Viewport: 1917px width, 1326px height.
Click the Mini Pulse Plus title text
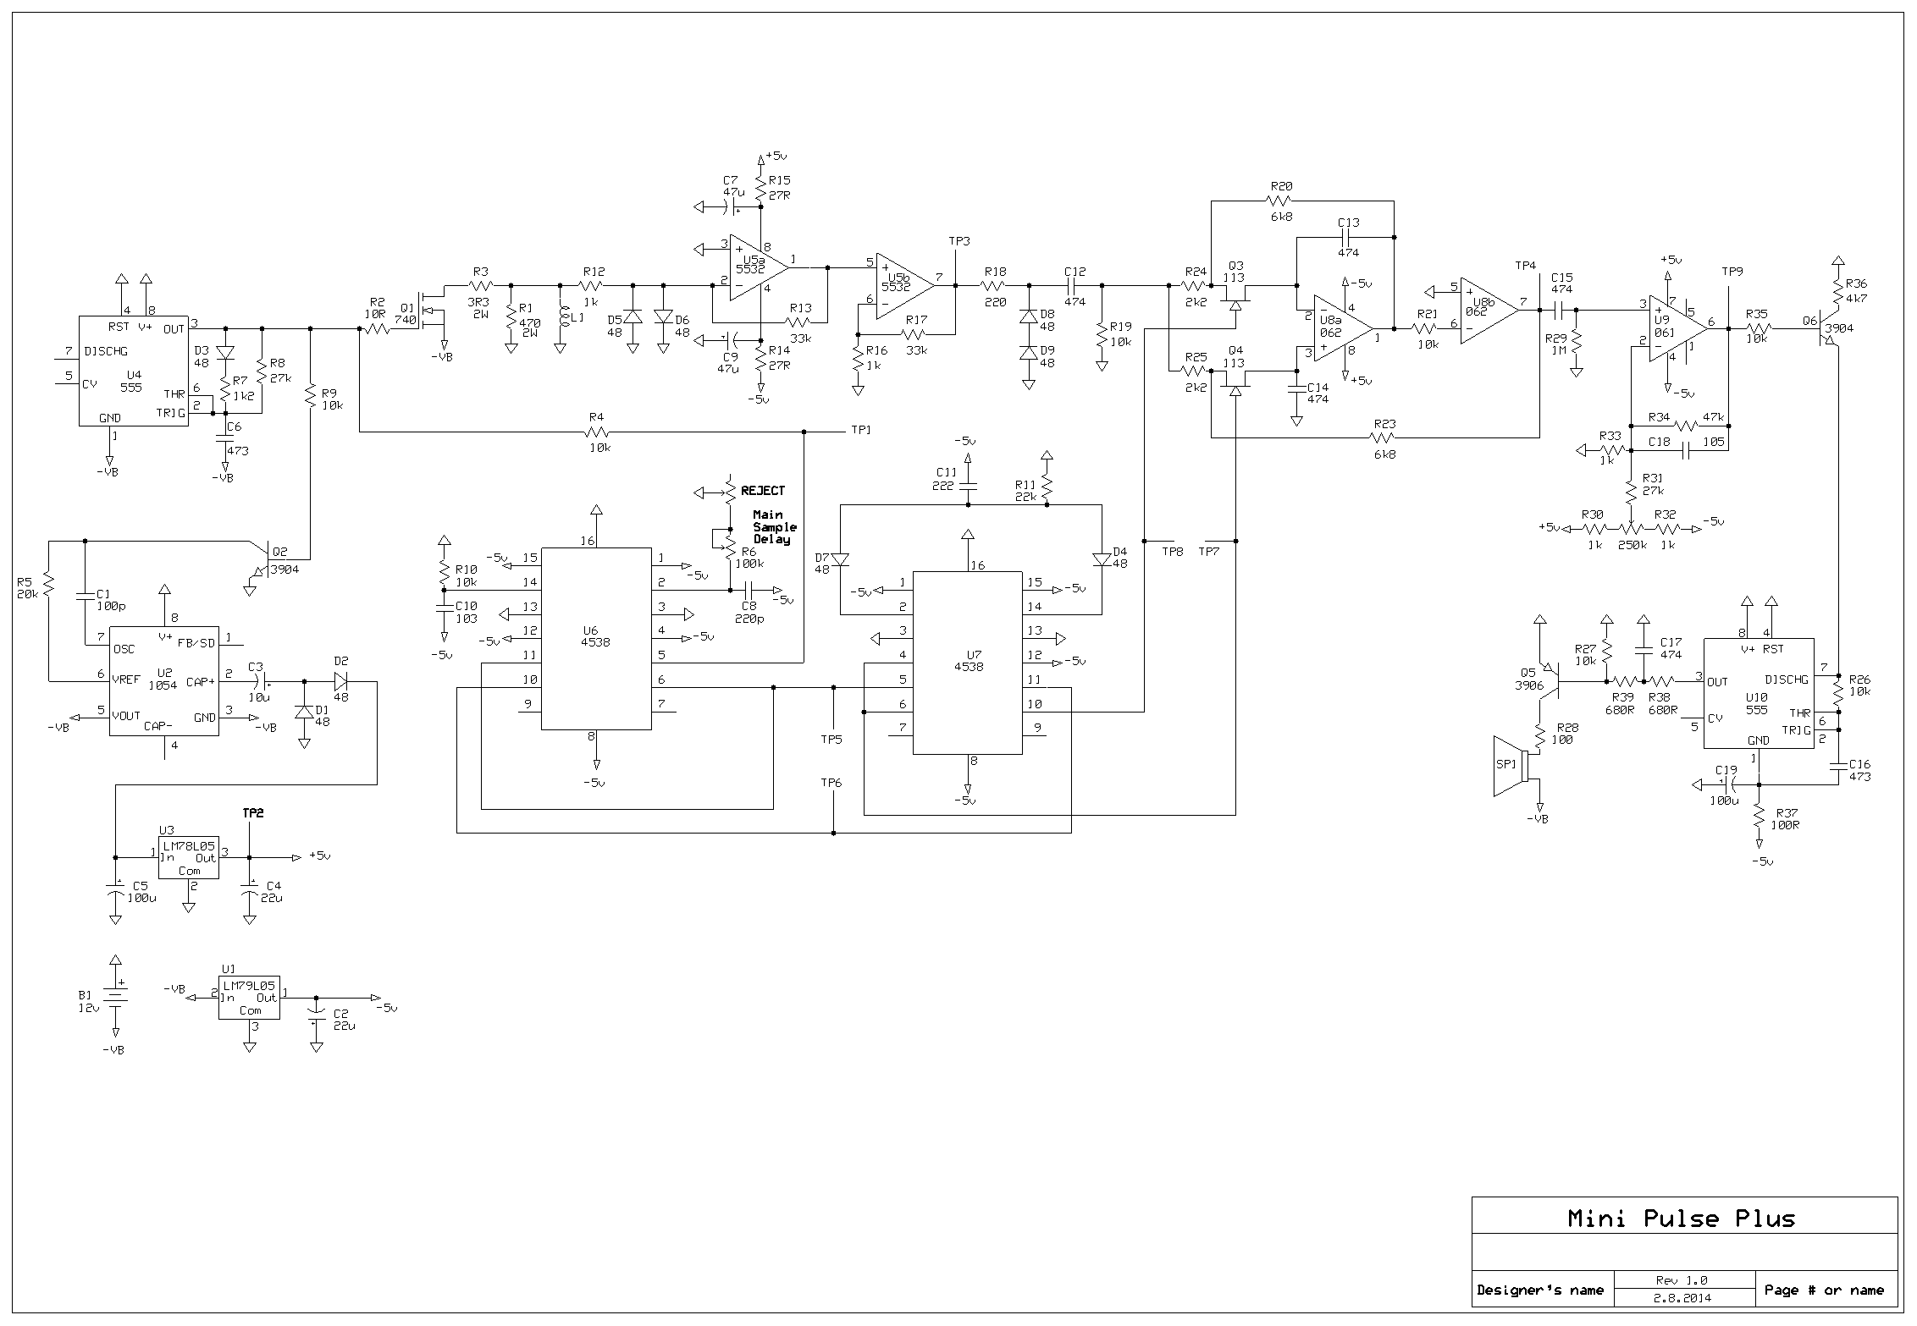coord(1681,1219)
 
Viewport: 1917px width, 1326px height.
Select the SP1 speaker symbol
coord(1511,766)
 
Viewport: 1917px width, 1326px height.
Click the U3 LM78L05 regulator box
coord(188,858)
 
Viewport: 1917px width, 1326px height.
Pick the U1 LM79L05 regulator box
coord(249,998)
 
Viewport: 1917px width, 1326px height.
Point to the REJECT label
coord(763,491)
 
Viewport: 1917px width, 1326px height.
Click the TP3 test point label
coord(958,242)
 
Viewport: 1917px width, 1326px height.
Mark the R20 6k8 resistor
coord(1278,201)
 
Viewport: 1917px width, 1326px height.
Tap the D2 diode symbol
coord(341,680)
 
